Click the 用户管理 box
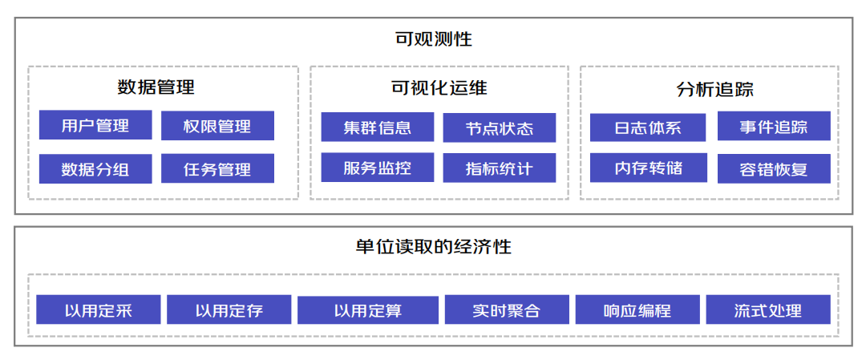[95, 126]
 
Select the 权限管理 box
[217, 126]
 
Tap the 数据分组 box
[95, 169]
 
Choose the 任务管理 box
[217, 169]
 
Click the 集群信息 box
[377, 127]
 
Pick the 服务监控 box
[377, 168]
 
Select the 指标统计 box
[499, 168]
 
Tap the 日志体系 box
[648, 127]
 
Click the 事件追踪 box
[774, 127]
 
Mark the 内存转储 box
[648, 168]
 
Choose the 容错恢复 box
[774, 169]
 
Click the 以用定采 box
[99, 310]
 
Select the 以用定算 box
[368, 310]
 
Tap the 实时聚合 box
[506, 310]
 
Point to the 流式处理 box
[767, 310]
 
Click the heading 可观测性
[433, 38]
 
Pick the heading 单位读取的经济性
[433, 247]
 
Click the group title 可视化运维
[439, 87]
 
